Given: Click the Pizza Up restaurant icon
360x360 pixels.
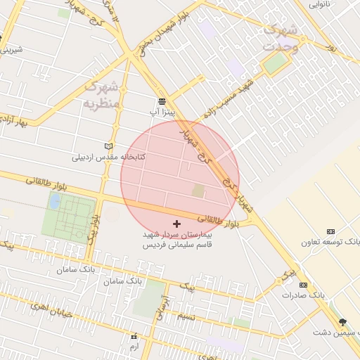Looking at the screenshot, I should tap(162, 102).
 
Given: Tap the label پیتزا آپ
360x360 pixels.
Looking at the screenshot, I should tap(157, 112).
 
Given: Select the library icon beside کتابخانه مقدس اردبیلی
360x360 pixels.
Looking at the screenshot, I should tap(108, 146).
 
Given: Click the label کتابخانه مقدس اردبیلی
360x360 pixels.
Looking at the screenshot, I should tap(108, 157).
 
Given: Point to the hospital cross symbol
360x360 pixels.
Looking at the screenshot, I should tap(176, 223).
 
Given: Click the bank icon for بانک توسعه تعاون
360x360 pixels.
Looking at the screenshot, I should tap(331, 232).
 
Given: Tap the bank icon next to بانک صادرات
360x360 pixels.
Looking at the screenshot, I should tap(303, 285).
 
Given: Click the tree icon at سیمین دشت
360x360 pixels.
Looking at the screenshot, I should tap(342, 322).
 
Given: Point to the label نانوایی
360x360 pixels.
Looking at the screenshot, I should tap(335, 4).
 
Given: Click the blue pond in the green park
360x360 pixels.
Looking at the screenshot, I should tap(54, 202).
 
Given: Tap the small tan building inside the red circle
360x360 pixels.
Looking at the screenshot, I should tap(198, 191).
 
